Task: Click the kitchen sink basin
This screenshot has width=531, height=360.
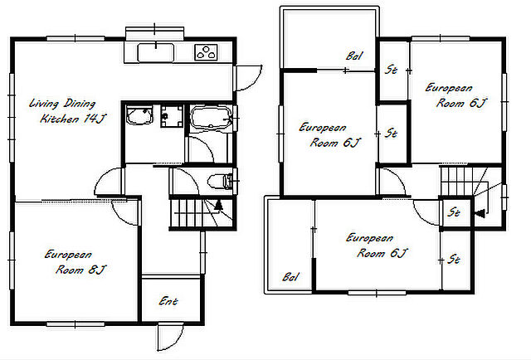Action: point(156,52)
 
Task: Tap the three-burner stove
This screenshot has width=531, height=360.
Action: point(206,52)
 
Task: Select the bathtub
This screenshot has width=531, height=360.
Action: point(211,118)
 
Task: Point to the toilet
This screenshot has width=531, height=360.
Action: point(220,182)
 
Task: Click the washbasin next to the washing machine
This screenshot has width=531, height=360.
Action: point(139,114)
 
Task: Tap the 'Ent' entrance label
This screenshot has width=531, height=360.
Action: point(168,301)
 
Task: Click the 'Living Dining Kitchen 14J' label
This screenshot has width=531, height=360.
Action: point(67,111)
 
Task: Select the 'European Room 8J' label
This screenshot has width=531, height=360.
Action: point(76,262)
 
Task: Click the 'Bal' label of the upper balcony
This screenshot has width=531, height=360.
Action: point(354,56)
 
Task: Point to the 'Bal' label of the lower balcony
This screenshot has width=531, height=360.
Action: point(290,277)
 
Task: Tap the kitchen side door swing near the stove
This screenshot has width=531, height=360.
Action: point(248,78)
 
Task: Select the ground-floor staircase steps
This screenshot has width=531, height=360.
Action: point(201,213)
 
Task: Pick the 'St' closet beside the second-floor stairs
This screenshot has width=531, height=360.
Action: point(454,212)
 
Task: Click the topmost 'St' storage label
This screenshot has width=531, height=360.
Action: point(391,70)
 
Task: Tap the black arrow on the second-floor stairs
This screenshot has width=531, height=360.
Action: point(480,214)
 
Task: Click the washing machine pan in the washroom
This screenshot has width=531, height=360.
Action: point(172,116)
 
